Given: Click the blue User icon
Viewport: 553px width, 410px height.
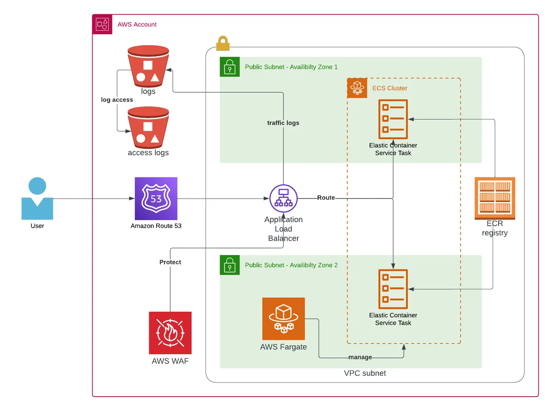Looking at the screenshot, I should (x=37, y=199).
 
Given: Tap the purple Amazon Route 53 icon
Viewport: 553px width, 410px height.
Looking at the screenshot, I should (x=156, y=199).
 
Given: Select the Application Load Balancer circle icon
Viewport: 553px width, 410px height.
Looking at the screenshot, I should (x=283, y=199).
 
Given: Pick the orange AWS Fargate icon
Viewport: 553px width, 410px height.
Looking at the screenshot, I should (x=283, y=318).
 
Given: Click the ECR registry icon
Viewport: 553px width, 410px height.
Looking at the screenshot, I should (x=494, y=198).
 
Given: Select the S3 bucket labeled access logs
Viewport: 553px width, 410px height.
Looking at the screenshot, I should (x=148, y=128).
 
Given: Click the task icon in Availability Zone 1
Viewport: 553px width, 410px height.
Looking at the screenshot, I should (x=393, y=119).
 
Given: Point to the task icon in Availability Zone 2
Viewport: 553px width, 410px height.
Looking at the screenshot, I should (x=393, y=289).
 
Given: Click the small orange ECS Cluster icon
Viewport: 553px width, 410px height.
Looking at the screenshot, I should (x=357, y=88).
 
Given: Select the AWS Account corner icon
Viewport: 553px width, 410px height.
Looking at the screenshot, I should (x=102, y=24).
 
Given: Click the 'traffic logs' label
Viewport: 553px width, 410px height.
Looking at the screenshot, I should (x=283, y=123).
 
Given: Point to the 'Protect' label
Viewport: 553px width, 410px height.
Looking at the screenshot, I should (x=170, y=262).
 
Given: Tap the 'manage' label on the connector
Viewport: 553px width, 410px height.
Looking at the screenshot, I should (x=360, y=357).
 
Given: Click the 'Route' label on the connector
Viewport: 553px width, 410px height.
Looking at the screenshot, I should (x=326, y=198).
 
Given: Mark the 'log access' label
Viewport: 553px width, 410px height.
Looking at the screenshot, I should (x=117, y=100).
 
